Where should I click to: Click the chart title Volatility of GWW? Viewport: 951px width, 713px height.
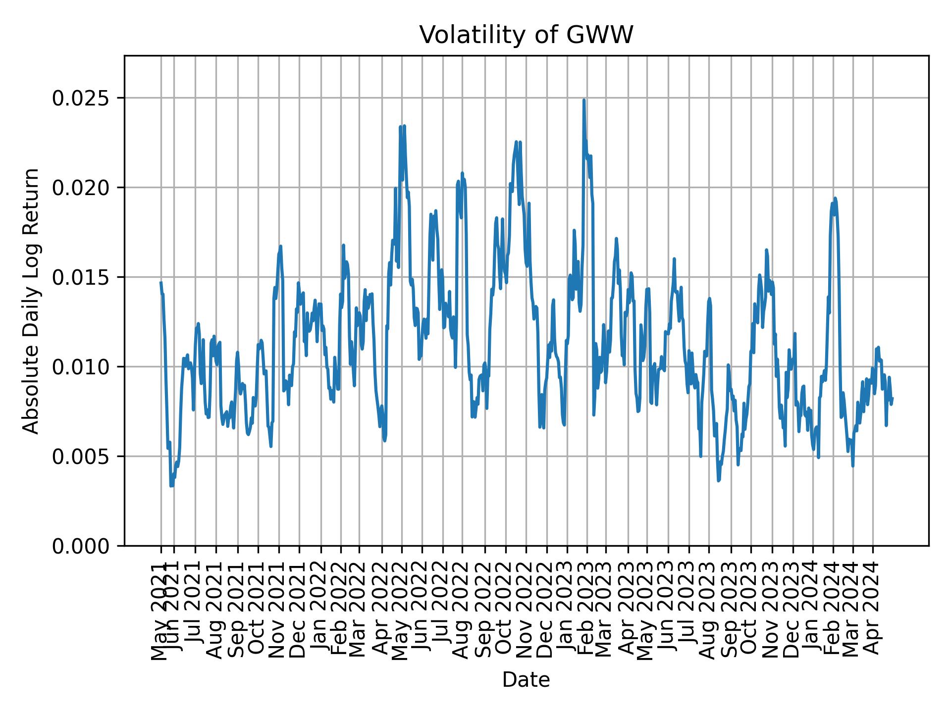(526, 35)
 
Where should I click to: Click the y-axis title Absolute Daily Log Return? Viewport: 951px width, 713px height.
(32, 301)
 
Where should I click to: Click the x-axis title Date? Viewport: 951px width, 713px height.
(526, 680)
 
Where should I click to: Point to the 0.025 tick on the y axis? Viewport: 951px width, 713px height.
(80, 98)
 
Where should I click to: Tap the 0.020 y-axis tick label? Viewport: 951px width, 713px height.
(80, 188)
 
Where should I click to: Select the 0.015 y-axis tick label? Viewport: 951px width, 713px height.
(80, 277)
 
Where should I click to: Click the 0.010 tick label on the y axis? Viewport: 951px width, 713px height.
(80, 367)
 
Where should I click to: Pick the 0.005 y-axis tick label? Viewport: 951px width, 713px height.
(80, 457)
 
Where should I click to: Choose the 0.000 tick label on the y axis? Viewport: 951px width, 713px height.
(80, 546)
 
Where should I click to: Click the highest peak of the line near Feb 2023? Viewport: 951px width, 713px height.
(584, 100)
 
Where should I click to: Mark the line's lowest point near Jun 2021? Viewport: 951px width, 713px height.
(171, 486)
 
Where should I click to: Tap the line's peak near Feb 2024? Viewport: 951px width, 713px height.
(835, 198)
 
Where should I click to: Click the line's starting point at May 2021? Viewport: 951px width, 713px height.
(161, 282)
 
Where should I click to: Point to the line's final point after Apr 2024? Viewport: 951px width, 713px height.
(892, 398)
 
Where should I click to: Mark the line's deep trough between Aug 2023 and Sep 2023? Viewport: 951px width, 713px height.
(718, 480)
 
